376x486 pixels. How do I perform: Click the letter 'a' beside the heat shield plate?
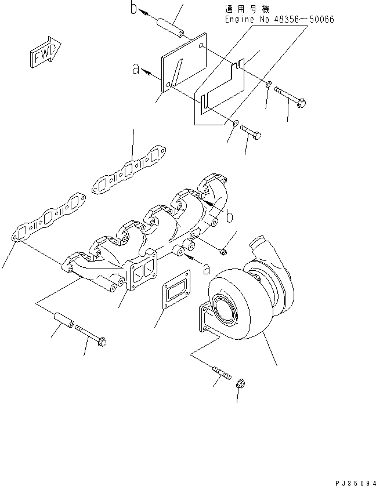tap(136, 69)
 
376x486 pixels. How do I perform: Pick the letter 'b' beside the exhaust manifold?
tap(230, 217)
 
